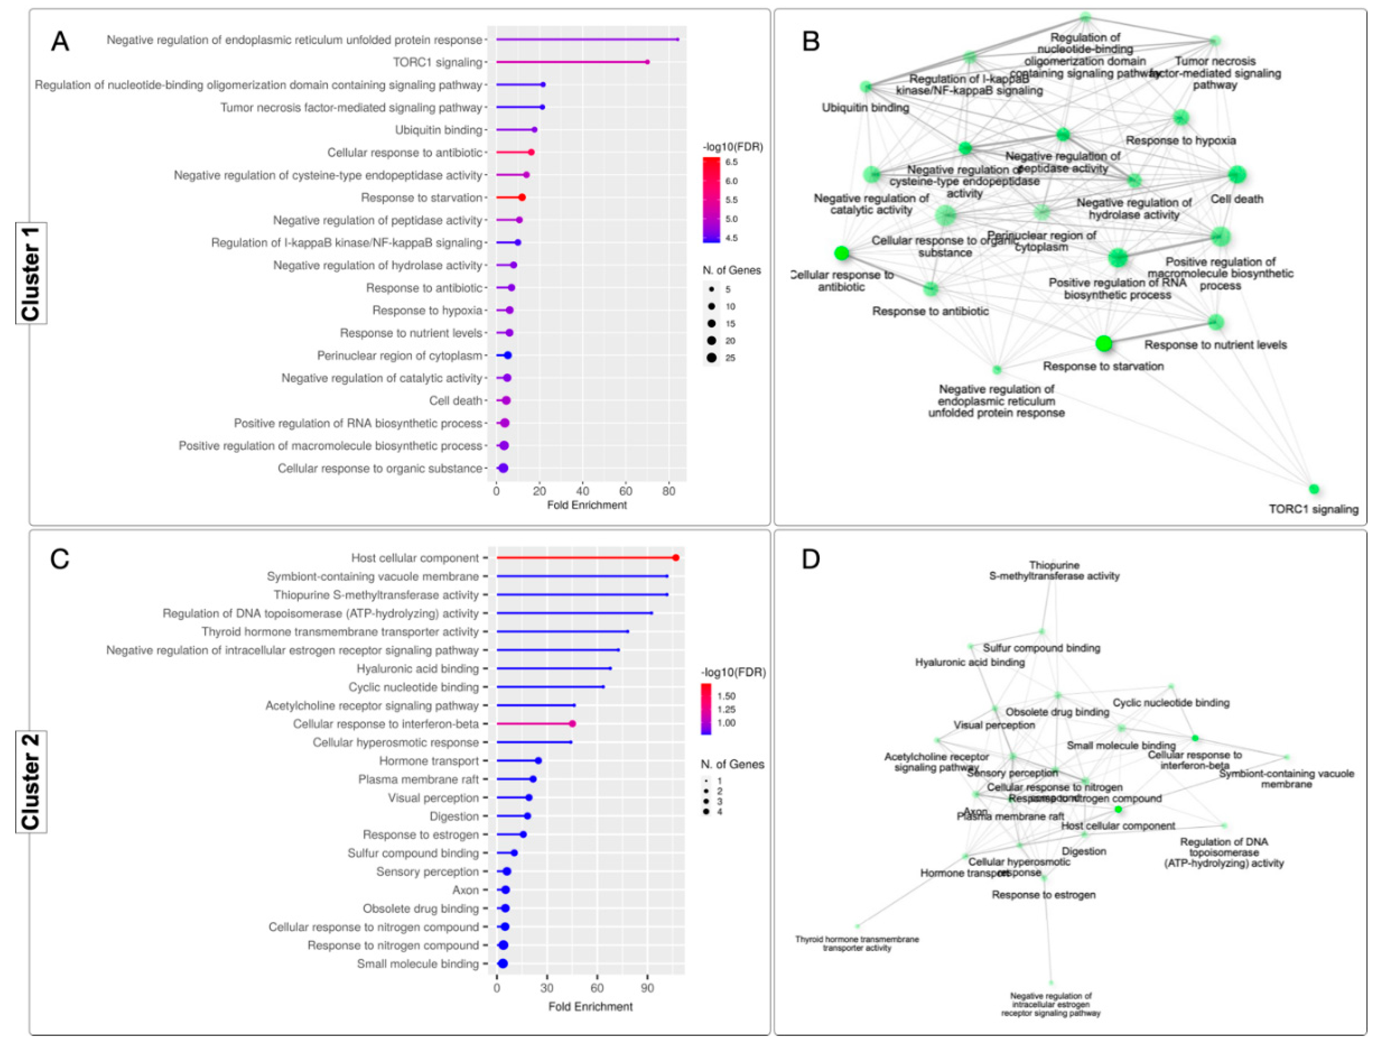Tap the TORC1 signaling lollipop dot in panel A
[x=647, y=62]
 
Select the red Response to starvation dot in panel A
[x=522, y=197]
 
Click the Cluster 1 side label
[x=31, y=273]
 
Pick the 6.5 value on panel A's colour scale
[x=732, y=162]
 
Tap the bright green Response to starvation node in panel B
[x=1104, y=343]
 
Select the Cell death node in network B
[x=1237, y=175]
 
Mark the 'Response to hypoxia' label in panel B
[x=1180, y=140]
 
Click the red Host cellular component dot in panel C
[x=676, y=557]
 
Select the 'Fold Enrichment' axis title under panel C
[x=590, y=1006]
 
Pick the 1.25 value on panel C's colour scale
[x=726, y=709]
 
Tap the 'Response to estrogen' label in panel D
[x=1043, y=895]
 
